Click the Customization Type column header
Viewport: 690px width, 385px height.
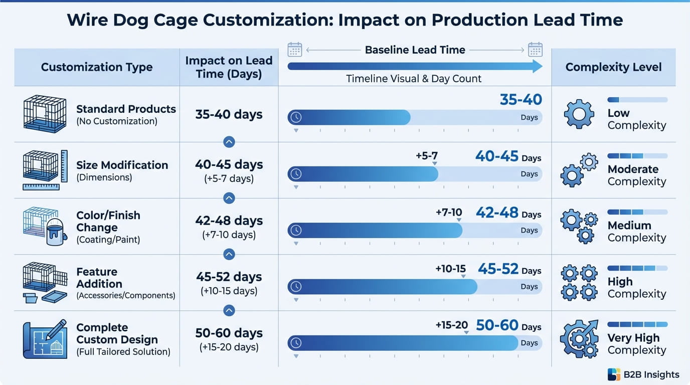97,67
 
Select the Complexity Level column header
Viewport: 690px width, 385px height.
613,67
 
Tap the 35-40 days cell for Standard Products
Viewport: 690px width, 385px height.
229,114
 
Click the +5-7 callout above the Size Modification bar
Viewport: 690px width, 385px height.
427,156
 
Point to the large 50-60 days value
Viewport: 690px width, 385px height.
497,326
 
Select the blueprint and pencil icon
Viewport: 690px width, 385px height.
45,339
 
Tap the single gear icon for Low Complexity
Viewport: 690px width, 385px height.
579,114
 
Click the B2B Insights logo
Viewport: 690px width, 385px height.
643,374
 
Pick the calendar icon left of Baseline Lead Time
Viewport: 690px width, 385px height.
294,50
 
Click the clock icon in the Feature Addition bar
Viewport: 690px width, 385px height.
296,287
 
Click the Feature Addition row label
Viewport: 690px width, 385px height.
97,278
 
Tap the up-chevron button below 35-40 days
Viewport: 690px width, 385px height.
229,142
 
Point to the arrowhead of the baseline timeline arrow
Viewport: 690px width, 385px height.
537,66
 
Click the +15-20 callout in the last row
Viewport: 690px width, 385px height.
451,325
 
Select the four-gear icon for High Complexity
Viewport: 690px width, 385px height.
579,283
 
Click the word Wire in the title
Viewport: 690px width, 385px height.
89,20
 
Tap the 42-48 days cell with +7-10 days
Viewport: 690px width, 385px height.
229,227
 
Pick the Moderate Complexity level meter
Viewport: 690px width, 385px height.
637,156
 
